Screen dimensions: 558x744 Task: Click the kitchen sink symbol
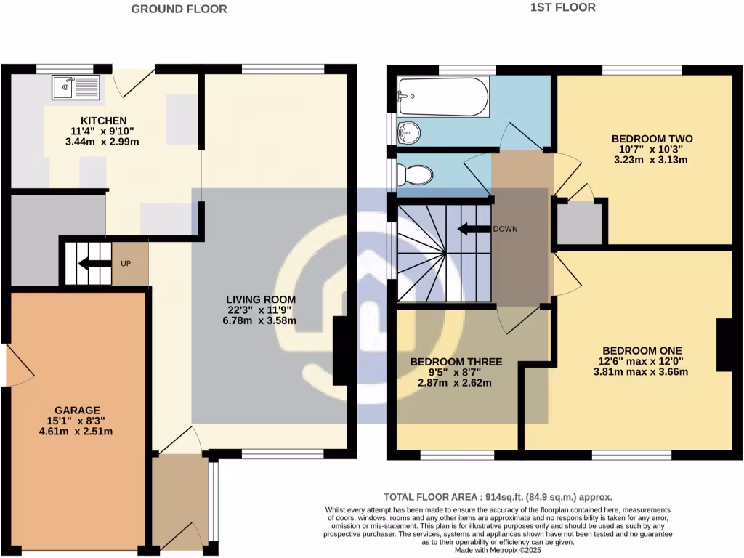coord(76,89)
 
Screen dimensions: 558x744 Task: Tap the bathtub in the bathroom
coord(442,97)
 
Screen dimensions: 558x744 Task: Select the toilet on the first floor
coord(417,174)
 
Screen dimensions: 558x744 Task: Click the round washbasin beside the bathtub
coord(410,132)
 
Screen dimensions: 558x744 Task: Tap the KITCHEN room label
coord(103,121)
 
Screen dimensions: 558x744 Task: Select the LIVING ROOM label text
coord(261,299)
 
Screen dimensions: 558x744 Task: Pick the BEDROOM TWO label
coord(652,139)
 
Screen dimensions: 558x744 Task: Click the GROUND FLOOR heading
coord(179,9)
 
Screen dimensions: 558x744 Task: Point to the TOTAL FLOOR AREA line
coord(498,498)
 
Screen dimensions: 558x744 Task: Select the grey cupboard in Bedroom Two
coord(579,222)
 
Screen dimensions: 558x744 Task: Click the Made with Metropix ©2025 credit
coord(498,550)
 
